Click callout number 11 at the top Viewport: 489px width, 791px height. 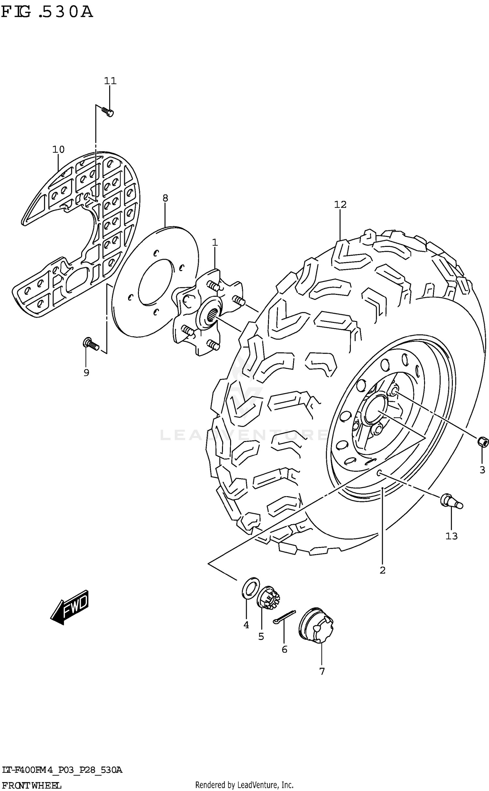coord(110,81)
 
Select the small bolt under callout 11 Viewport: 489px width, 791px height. coord(108,112)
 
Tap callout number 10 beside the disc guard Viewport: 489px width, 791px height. coord(58,149)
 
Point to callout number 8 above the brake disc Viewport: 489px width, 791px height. coord(165,198)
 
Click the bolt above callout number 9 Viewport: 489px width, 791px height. coord(91,344)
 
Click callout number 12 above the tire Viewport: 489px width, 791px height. coord(340,205)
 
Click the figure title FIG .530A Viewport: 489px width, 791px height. coord(47,12)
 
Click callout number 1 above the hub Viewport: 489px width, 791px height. coord(215,242)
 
